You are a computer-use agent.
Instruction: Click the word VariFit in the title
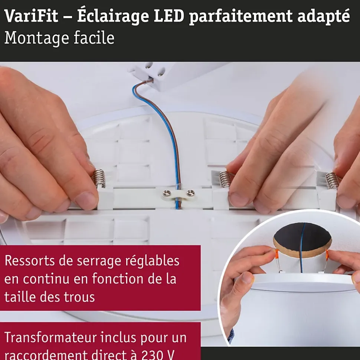pyautogui.click(x=31, y=16)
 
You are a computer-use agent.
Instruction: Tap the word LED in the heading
pyautogui.click(x=169, y=16)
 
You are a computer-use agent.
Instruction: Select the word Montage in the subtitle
pyautogui.click(x=36, y=38)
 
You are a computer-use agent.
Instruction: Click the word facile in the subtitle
pyautogui.click(x=94, y=37)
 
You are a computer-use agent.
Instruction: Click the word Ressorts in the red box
pyautogui.click(x=30, y=261)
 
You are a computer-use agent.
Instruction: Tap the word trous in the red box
pyautogui.click(x=79, y=297)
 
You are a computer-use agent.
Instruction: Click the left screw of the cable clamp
pyautogui.click(x=166, y=193)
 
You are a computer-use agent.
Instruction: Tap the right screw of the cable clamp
pyautogui.click(x=190, y=192)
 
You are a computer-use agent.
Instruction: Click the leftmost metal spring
pyautogui.click(x=98, y=178)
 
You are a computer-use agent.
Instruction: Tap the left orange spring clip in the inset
pyautogui.click(x=276, y=255)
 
